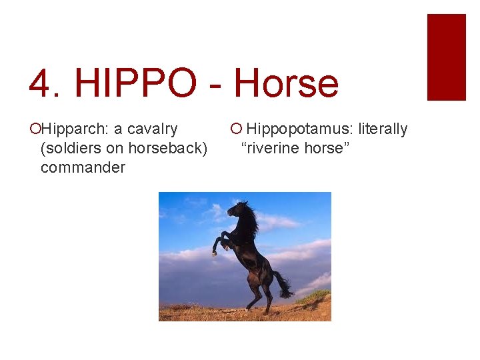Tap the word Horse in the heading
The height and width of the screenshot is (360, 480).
point(286,84)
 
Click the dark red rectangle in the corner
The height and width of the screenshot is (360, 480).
point(446,57)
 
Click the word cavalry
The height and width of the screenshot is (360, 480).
point(153,129)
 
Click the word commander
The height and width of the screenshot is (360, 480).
point(83,167)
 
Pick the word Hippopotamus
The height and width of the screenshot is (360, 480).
point(300,129)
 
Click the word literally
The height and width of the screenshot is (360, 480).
point(383,129)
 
